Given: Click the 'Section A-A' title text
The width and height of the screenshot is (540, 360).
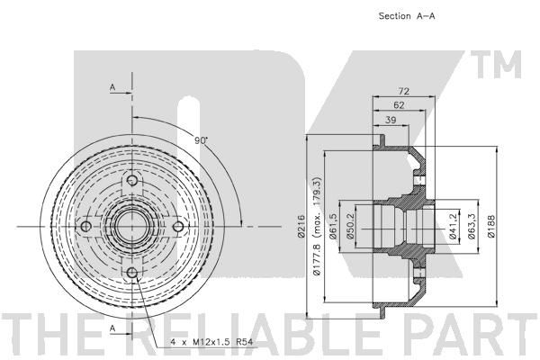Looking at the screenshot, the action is point(407,16).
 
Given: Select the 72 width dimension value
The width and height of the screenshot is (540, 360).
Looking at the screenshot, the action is point(403,91).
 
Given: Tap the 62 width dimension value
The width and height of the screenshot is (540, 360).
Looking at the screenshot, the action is point(399,105).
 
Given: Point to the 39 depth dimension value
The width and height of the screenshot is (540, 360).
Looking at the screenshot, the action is point(391,120).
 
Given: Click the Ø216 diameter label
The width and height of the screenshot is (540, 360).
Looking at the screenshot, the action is point(301,226).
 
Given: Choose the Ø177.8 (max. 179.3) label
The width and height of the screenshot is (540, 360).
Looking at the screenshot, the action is point(317,226).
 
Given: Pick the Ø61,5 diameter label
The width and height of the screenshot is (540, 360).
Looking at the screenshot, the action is point(333,226).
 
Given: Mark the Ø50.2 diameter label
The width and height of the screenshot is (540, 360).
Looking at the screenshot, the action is point(350,226).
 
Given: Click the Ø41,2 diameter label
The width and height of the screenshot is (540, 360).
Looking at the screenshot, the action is point(453,226).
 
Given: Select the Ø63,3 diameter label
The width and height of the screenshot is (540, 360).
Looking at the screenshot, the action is point(472,226).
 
